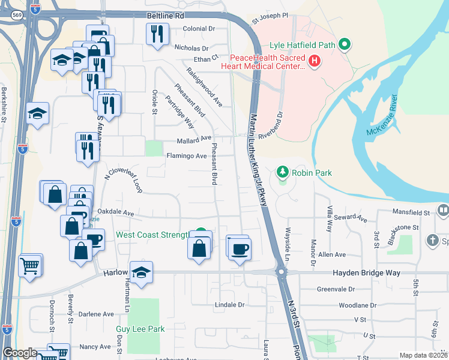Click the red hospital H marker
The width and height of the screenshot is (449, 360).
[x=314, y=61]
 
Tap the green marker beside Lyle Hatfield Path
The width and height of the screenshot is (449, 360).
[x=344, y=44]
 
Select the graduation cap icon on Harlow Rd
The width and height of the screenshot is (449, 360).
[x=141, y=272]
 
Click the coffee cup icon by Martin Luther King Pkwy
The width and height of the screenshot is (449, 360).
[x=240, y=248]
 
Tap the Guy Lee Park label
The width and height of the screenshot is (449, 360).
[x=140, y=329]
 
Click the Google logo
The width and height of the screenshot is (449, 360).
[x=20, y=353]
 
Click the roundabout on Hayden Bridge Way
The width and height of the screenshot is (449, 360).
[x=280, y=272]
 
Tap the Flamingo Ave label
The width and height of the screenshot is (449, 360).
[x=186, y=156]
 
